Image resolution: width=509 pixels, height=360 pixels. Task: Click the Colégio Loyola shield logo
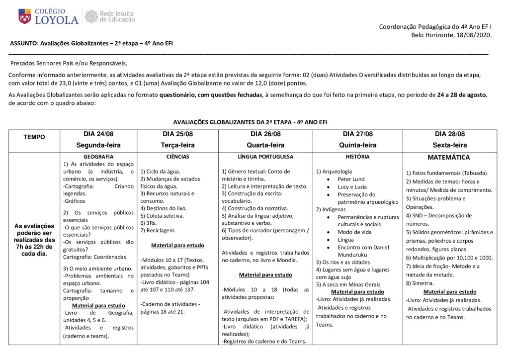click(x=23, y=16)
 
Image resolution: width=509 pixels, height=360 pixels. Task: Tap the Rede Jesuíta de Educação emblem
click(x=91, y=16)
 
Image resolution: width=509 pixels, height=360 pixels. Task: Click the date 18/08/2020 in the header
click(x=473, y=35)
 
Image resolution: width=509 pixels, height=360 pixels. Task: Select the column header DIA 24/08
click(x=98, y=134)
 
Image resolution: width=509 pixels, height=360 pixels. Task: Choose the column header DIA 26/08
click(x=265, y=134)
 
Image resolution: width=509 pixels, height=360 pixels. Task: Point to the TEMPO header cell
click(x=33, y=137)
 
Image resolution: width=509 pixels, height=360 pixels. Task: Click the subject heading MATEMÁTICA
click(x=448, y=157)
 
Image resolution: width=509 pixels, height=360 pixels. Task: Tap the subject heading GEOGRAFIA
click(x=98, y=156)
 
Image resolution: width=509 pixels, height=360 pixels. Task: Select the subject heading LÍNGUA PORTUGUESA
click(x=265, y=156)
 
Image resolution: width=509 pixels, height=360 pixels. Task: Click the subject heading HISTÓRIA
click(x=357, y=156)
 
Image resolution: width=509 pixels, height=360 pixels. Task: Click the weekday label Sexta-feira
click(x=449, y=145)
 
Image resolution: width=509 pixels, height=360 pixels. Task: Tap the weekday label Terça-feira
click(x=177, y=145)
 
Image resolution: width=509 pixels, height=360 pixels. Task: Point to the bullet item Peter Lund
click(x=351, y=179)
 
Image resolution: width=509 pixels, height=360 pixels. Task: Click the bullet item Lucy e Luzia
click(x=352, y=186)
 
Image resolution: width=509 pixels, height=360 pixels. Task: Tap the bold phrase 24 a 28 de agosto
click(x=461, y=94)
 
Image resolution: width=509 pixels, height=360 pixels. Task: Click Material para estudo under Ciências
click(x=177, y=245)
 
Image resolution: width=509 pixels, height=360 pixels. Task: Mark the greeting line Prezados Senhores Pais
click(x=69, y=63)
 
